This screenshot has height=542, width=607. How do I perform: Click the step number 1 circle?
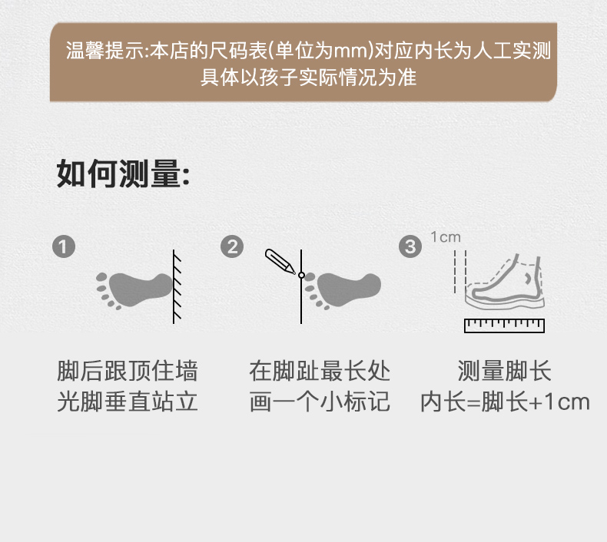64,247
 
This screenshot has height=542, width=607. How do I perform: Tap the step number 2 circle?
232,247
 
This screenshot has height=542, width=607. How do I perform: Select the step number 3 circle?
410,247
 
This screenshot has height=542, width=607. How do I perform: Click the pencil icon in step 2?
280,262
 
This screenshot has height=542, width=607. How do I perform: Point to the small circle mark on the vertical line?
301,275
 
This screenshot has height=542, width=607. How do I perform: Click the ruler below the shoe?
504,326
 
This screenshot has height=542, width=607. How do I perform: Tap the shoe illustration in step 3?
505,281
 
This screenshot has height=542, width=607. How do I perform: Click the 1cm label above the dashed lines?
446,236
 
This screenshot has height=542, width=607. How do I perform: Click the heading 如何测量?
123,174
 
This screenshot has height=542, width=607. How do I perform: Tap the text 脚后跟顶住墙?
128,371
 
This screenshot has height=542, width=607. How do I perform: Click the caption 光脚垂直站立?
128,402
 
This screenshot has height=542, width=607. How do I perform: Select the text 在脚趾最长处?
320,371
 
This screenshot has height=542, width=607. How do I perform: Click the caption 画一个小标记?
320,402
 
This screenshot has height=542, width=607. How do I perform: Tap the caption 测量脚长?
504,371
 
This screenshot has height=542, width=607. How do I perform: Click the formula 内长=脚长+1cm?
505,402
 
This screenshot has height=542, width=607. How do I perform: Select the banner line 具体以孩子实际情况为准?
309,77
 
